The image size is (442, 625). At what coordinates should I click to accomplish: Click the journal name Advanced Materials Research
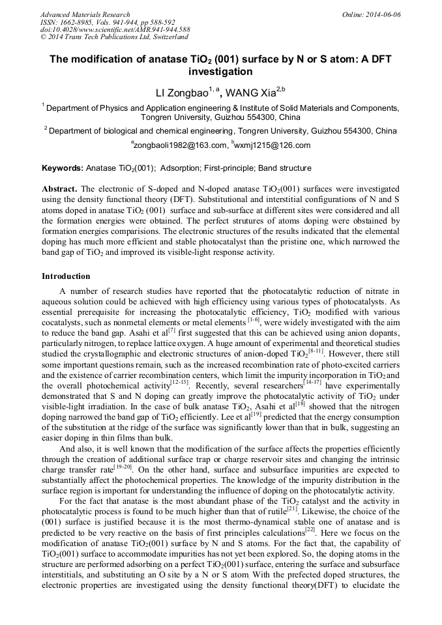(85, 14)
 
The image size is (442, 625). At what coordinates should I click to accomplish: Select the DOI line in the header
(115, 30)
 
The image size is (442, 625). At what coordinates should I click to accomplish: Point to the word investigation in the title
(220, 72)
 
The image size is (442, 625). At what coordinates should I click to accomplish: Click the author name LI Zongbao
(181, 92)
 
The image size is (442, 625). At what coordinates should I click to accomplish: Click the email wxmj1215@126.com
(272, 145)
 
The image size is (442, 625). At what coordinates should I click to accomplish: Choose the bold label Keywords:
(63, 168)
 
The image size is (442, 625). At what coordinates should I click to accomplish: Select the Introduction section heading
(66, 276)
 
